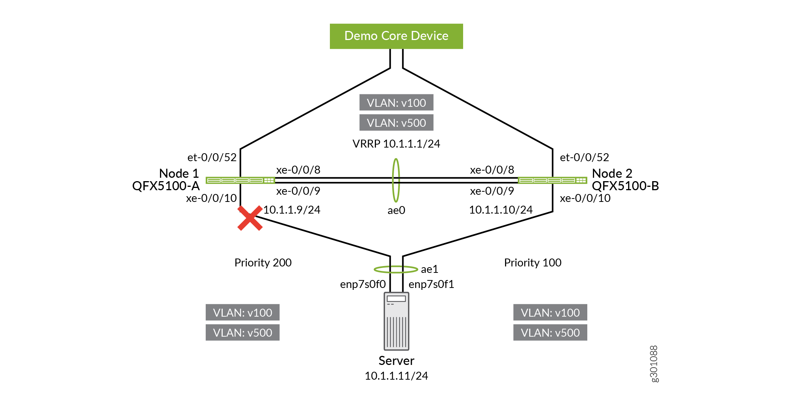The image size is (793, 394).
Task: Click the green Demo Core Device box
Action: click(396, 36)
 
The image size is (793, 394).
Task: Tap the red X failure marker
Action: click(250, 218)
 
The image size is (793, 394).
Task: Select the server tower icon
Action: click(396, 321)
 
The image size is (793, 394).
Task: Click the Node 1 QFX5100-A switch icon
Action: click(240, 180)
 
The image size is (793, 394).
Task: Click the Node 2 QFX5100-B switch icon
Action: click(553, 180)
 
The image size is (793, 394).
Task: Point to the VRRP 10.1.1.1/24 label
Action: click(396, 144)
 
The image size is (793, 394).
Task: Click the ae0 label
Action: click(396, 210)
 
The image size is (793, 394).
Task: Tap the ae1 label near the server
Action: click(430, 269)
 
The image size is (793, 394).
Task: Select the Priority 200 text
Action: click(263, 263)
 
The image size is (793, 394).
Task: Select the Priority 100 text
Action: click(533, 263)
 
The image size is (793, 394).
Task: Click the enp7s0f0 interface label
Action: click(363, 284)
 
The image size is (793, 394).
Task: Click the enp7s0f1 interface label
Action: click(431, 284)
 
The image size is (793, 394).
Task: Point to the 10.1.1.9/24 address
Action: click(292, 210)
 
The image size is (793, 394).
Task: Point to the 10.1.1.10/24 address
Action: click(501, 210)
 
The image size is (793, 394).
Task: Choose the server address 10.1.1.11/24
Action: click(396, 376)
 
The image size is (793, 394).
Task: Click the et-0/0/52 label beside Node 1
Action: click(212, 157)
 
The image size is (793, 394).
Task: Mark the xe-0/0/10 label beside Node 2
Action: click(585, 198)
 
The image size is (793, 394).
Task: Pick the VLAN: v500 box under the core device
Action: click(396, 123)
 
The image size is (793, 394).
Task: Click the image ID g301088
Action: click(654, 364)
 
